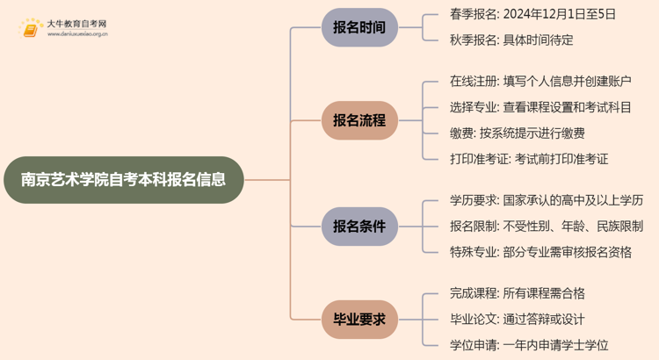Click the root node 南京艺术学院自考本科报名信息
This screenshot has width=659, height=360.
coord(122,179)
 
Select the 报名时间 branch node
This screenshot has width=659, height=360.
coord(358,27)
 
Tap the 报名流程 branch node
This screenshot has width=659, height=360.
coord(358,120)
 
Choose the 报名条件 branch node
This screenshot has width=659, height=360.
coord(358,226)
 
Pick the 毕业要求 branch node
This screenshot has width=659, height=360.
coord(358,320)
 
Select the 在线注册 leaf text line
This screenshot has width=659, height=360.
coord(540,82)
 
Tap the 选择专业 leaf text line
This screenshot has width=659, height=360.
coord(540,107)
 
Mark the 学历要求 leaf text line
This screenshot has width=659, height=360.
coord(547,200)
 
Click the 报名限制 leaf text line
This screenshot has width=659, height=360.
coord(547,226)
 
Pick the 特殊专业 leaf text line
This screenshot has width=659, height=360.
coord(540,252)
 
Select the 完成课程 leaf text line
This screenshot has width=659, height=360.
coord(517,293)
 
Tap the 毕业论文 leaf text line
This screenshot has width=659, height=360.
coord(517,319)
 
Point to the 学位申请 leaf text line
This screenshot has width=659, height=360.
coord(529,345)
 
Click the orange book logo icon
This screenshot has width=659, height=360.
coord(30,28)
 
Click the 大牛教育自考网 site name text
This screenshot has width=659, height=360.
coord(76,23)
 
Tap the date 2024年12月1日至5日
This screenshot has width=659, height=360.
coord(563,14)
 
